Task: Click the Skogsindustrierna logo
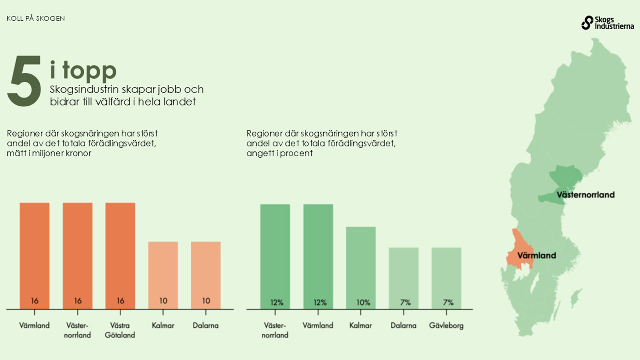point(607,23)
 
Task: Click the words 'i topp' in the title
point(83,70)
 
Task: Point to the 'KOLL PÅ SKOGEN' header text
point(36,18)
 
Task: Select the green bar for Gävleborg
point(446,276)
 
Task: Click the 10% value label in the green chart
point(363,303)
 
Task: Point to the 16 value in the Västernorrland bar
point(78,301)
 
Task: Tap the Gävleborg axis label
point(446,326)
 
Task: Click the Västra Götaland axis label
point(120,330)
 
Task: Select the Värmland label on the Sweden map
point(536,255)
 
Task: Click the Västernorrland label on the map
point(585,195)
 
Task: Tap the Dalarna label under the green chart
point(403,326)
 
